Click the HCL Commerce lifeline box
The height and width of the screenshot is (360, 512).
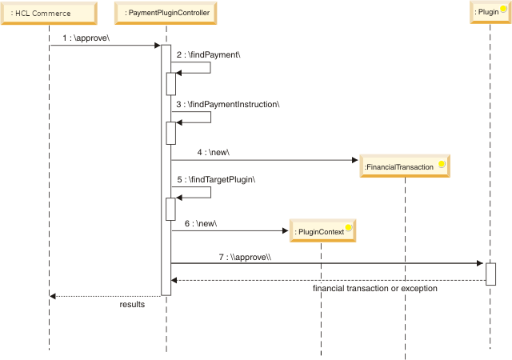click(48, 12)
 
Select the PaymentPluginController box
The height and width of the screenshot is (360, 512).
click(166, 12)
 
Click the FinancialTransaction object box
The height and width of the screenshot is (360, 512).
click(404, 166)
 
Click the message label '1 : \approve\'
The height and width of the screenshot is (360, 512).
click(84, 38)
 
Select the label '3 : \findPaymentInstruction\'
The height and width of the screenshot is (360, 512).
click(227, 104)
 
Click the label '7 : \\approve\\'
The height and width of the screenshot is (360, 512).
click(246, 257)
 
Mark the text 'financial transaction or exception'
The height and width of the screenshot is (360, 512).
click(375, 288)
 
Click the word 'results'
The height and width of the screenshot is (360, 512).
click(132, 304)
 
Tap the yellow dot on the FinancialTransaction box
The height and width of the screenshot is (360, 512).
click(441, 162)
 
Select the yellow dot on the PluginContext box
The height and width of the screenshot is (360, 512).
click(349, 228)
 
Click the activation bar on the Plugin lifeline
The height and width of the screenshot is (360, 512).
click(490, 274)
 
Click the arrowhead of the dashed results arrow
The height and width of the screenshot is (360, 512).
click(52, 296)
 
